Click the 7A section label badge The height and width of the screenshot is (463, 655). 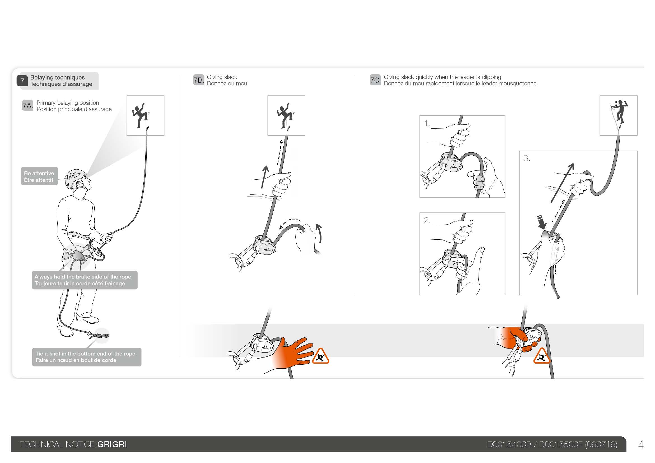28,105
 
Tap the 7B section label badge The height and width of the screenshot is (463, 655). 199,80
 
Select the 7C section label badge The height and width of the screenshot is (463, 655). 375,80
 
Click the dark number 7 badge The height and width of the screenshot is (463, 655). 22,81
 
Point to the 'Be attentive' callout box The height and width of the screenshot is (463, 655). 39,176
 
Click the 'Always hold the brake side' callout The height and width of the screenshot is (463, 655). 85,280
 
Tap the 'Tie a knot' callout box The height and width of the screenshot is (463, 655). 87,357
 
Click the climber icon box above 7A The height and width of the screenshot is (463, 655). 146,115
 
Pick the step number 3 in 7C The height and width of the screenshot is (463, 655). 527,158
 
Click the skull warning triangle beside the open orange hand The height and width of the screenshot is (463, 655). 320,356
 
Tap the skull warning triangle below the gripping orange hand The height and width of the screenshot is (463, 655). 542,356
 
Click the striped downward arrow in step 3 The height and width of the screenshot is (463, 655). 541,222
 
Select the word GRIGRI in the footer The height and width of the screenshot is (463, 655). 112,445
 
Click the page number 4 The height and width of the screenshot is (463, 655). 641,445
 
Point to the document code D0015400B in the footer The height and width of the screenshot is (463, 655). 509,445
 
